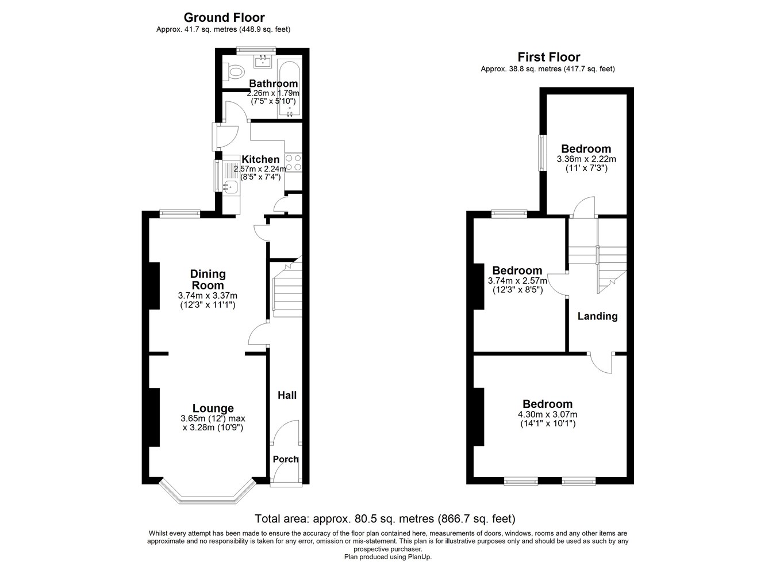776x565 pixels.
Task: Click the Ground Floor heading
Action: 224,17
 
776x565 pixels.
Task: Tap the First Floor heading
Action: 549,57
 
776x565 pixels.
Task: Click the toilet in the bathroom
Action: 233,72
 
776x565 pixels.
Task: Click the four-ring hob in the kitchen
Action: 293,163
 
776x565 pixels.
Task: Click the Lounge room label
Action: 213,409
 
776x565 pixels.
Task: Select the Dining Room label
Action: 208,280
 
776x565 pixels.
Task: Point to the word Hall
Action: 287,395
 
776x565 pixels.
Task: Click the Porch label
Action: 286,459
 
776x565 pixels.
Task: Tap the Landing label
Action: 598,316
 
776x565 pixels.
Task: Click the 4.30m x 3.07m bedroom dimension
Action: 548,414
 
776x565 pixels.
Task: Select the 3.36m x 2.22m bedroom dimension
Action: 586,159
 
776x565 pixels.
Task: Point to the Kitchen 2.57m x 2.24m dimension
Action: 260,169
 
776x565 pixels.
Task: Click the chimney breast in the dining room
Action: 155,286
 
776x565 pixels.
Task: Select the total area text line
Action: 385,519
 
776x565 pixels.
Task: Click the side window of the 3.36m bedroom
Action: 542,152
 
